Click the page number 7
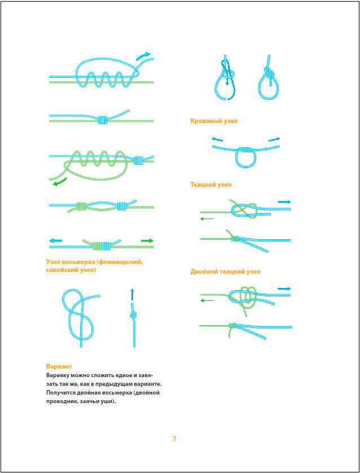[175, 439]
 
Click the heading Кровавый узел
[214, 121]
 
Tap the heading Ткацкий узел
[211, 185]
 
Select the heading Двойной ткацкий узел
[225, 271]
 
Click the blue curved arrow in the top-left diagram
[144, 55]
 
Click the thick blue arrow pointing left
[56, 240]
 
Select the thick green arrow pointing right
[147, 241]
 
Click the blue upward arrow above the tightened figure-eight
[133, 294]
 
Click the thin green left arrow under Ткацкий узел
[207, 218]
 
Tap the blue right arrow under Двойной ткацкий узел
[284, 288]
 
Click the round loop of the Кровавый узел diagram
[244, 160]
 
